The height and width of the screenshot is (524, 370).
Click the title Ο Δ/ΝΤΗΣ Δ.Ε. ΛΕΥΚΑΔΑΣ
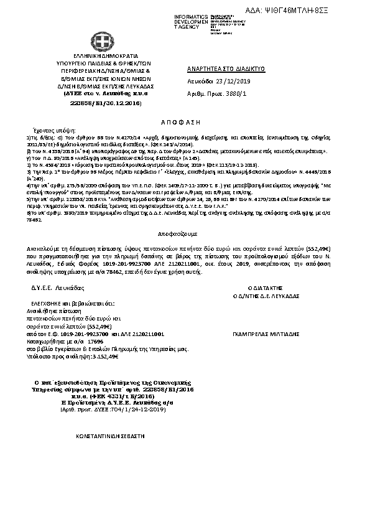(x=266, y=296)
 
